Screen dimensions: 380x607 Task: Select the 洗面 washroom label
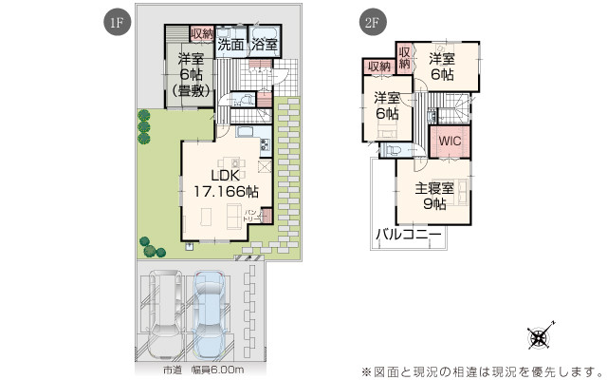click(230, 44)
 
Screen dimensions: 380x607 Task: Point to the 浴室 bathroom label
click(264, 44)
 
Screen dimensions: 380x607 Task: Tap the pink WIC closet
click(450, 140)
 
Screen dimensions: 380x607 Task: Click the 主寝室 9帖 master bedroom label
click(432, 192)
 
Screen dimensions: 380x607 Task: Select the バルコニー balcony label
click(408, 233)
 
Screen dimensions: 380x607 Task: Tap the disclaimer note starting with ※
click(481, 370)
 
